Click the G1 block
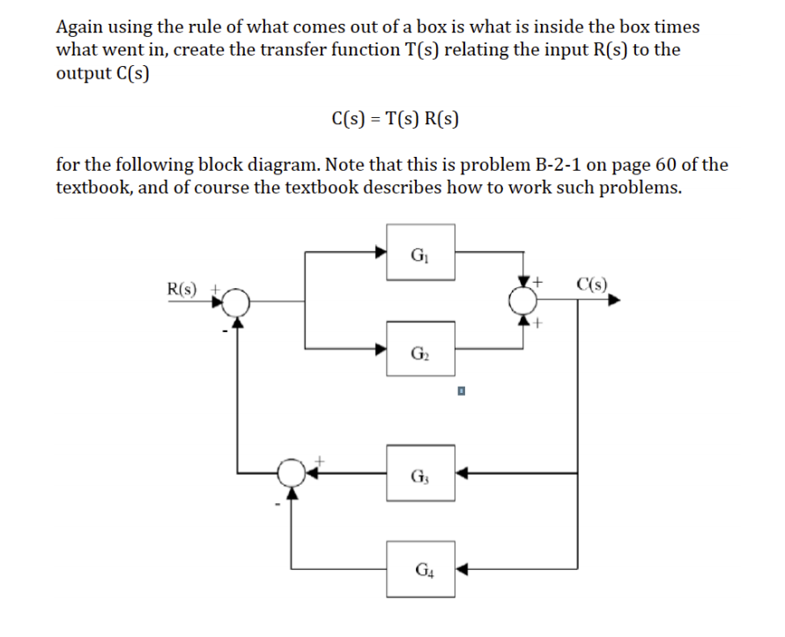419,252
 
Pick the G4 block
419,567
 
